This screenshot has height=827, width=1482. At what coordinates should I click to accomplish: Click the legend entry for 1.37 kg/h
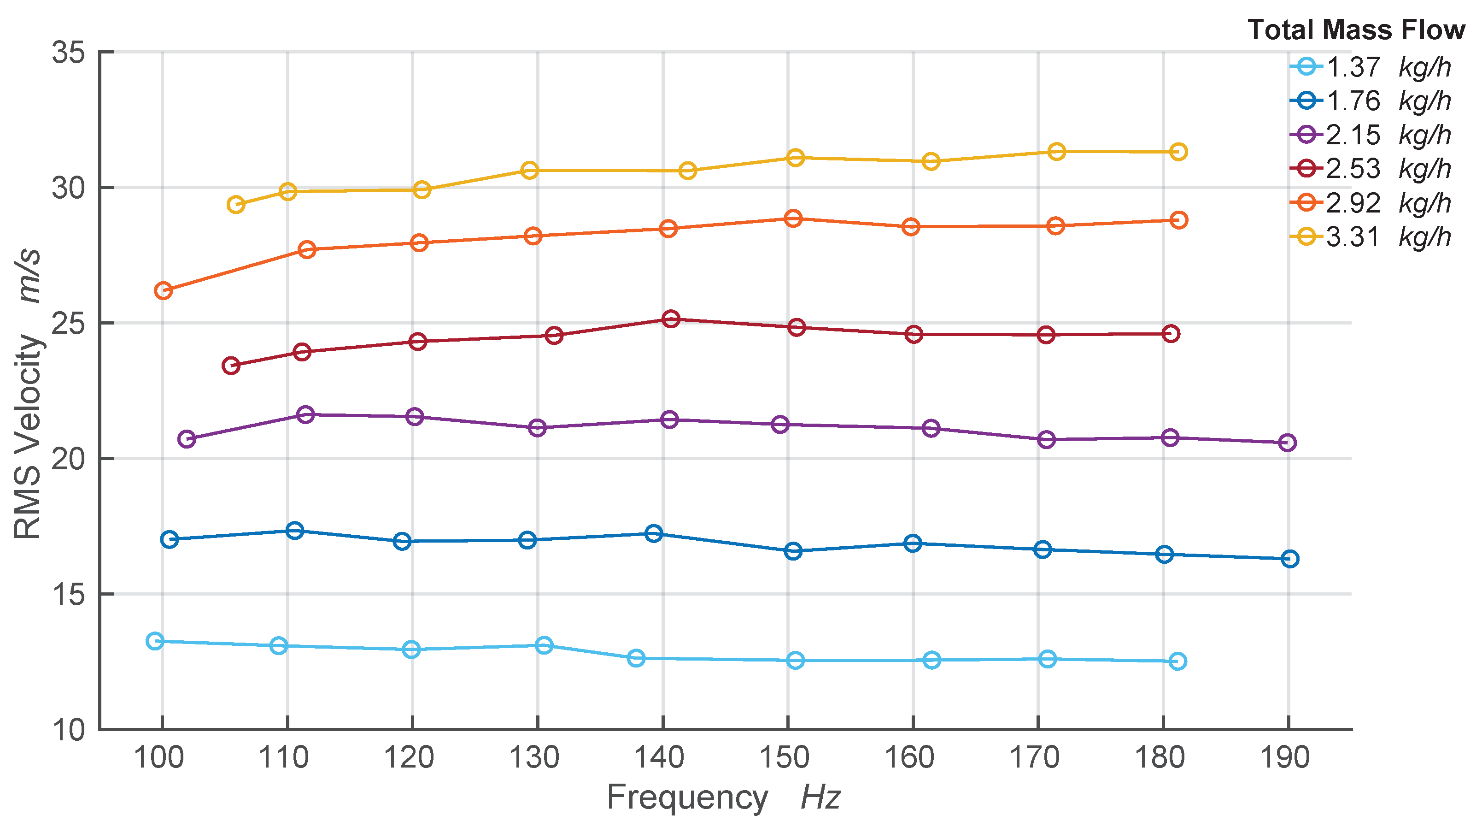(1370, 67)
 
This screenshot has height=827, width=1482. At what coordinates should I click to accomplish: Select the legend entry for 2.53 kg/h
(1370, 169)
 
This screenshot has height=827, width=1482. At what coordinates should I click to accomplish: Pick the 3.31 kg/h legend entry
(1370, 236)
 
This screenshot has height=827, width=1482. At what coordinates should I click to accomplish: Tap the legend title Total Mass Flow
(1355, 30)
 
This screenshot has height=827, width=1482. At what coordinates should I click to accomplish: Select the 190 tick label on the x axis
(1285, 757)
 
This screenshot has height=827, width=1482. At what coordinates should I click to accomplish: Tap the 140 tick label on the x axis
(659, 757)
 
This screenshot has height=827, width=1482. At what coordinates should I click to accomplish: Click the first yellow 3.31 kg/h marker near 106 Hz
(236, 204)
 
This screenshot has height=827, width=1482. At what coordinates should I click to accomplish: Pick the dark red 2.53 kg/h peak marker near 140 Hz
(671, 319)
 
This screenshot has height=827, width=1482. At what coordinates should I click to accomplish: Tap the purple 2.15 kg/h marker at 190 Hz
(1288, 443)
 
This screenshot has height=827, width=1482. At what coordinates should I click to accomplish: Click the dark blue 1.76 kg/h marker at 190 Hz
(1290, 559)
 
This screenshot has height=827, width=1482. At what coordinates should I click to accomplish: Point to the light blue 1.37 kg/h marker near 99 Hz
(155, 641)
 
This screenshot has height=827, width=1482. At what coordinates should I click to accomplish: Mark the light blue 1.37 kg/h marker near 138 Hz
(636, 658)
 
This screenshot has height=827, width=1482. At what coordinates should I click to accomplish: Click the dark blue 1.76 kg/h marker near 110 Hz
(294, 531)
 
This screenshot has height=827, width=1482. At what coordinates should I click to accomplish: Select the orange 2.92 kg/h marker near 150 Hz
(793, 219)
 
